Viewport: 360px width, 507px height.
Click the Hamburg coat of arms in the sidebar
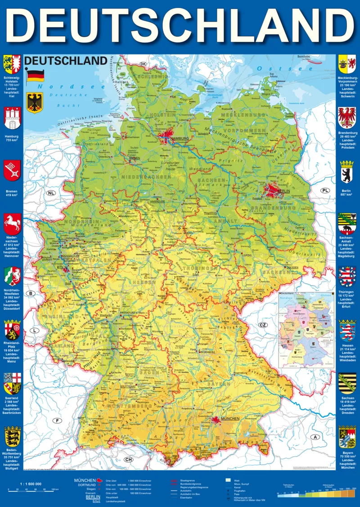point(12,118)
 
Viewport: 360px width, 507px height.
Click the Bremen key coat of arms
point(12,171)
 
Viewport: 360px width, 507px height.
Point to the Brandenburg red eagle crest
point(346,118)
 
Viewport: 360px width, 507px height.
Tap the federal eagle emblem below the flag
point(34,103)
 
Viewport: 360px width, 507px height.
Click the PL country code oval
point(325,190)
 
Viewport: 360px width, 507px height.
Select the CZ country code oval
point(263,325)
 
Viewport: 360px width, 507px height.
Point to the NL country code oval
point(51,193)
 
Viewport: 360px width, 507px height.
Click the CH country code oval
point(128,460)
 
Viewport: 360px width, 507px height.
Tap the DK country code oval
point(144,64)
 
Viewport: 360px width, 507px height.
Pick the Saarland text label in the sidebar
point(12,398)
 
